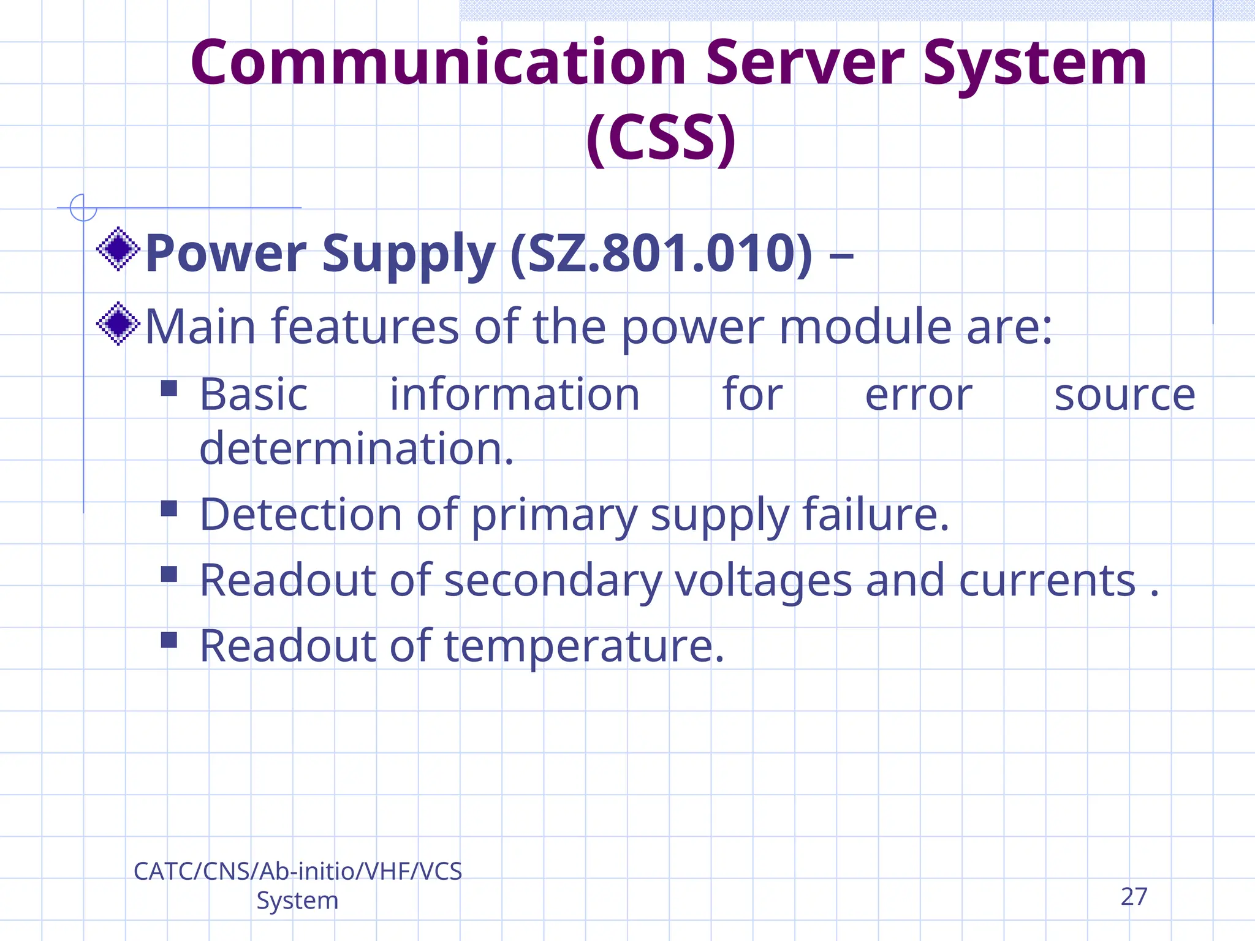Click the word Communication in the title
(x=438, y=63)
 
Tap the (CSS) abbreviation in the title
(x=661, y=138)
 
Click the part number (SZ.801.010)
(x=661, y=254)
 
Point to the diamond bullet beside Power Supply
(x=118, y=249)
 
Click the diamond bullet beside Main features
(x=118, y=323)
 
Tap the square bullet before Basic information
(x=169, y=388)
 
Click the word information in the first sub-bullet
(x=515, y=395)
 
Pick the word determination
(x=356, y=448)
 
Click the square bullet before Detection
(x=169, y=508)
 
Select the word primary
(x=554, y=516)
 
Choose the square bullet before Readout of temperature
(x=169, y=640)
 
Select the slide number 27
(x=1134, y=897)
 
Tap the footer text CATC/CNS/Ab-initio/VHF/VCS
(x=298, y=871)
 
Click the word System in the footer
(x=297, y=901)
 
